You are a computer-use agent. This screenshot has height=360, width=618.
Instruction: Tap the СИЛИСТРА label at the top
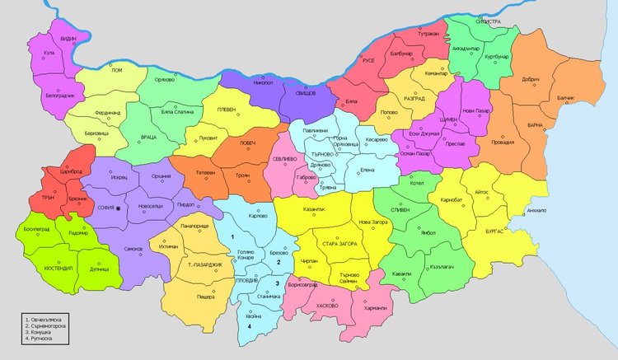pos(487,22)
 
